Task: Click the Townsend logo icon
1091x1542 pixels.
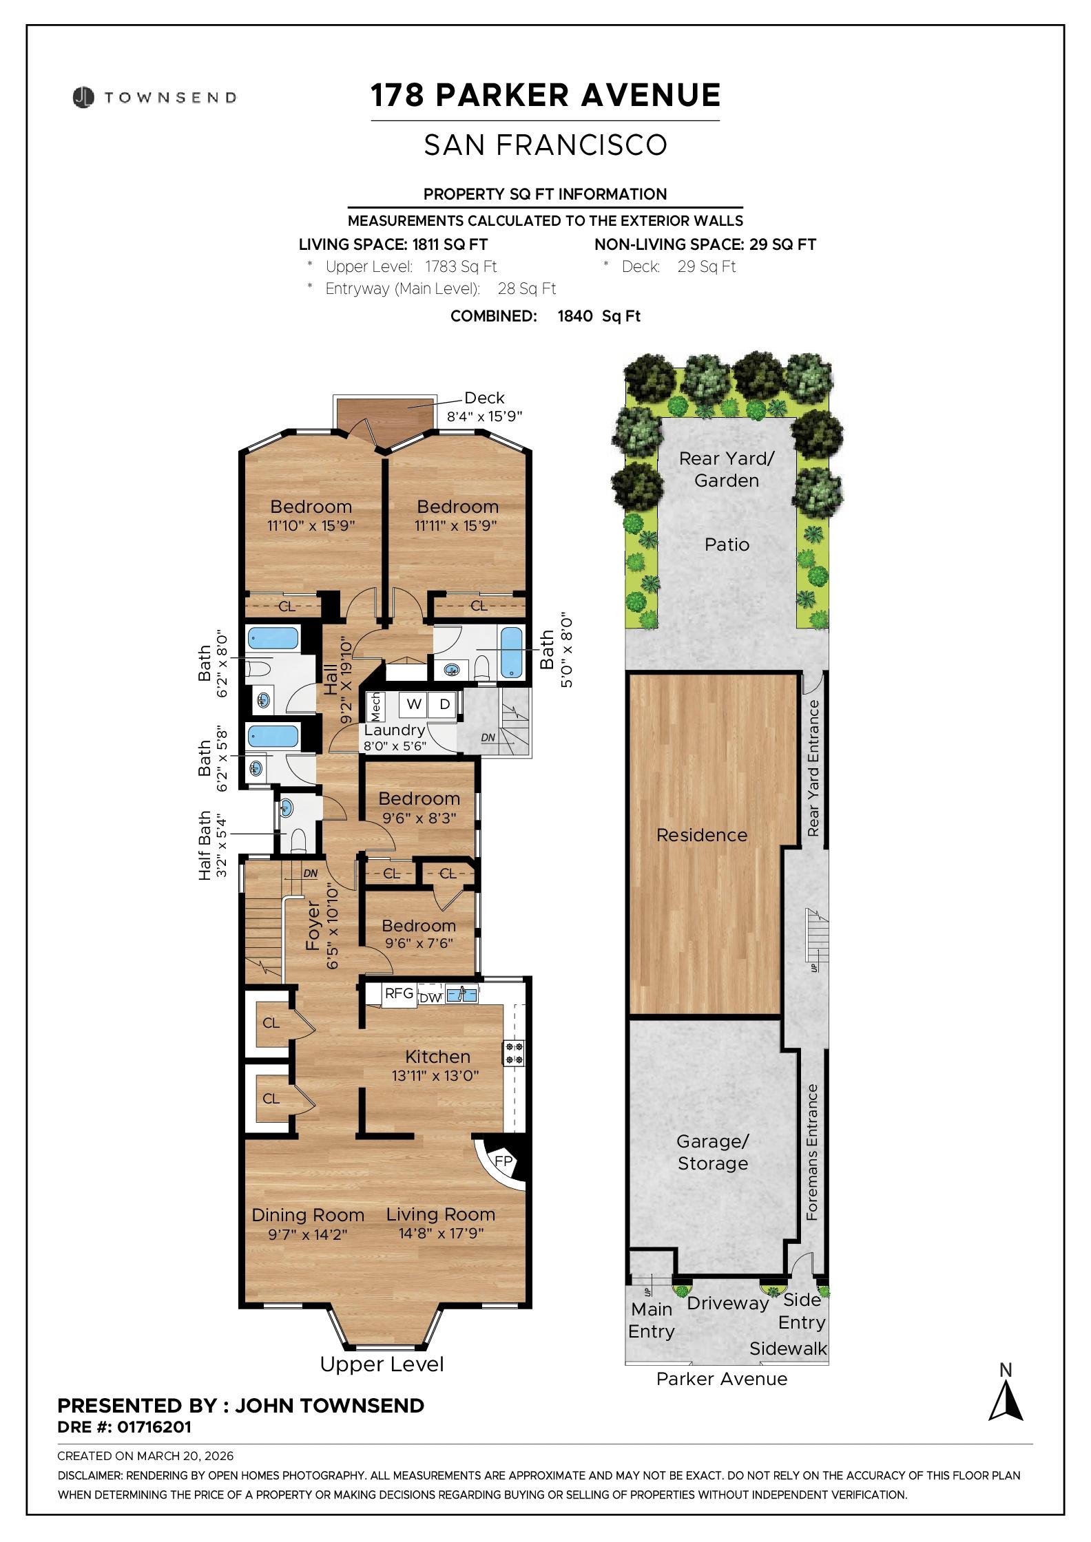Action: pyautogui.click(x=83, y=97)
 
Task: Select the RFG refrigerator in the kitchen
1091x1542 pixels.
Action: pyautogui.click(x=399, y=993)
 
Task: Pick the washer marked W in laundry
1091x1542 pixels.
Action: pyautogui.click(x=414, y=704)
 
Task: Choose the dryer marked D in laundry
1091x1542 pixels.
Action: pyautogui.click(x=444, y=704)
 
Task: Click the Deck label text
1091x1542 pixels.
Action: pyautogui.click(x=484, y=398)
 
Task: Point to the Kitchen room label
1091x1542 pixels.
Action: pyautogui.click(x=437, y=1057)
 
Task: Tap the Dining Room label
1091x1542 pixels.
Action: pyautogui.click(x=308, y=1216)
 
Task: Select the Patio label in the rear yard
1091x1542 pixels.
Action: pyautogui.click(x=727, y=545)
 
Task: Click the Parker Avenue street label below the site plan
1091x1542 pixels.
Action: pyautogui.click(x=721, y=1379)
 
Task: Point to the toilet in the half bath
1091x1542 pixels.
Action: pyautogui.click(x=298, y=841)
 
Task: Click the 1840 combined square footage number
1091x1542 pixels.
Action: pyautogui.click(x=574, y=316)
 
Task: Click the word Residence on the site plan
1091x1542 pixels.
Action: pyautogui.click(x=701, y=835)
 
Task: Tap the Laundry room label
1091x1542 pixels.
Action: pyautogui.click(x=394, y=730)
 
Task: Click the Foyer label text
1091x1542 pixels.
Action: pyautogui.click(x=313, y=926)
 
